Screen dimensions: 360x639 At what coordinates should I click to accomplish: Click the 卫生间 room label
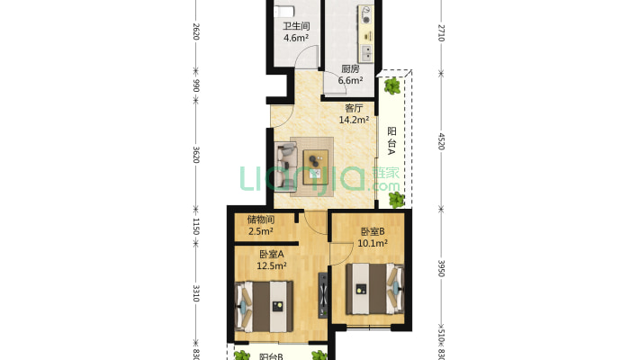pyautogui.click(x=296, y=26)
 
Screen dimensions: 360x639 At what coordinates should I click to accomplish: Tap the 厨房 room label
pyautogui.click(x=350, y=68)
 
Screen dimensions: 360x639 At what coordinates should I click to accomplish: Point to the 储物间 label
pyautogui.click(x=260, y=219)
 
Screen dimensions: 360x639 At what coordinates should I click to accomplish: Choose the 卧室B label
pyautogui.click(x=373, y=230)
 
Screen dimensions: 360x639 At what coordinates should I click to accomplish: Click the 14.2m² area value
pyautogui.click(x=354, y=120)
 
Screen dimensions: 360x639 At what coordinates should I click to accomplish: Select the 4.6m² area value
pyautogui.click(x=296, y=39)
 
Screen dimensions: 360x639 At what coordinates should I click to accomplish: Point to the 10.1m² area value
pyautogui.click(x=373, y=243)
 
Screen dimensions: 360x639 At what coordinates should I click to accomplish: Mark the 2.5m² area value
pyautogui.click(x=260, y=231)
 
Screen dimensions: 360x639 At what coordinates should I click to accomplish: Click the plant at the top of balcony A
pyautogui.click(x=392, y=86)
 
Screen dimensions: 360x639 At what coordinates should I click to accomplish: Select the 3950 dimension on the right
pyautogui.click(x=441, y=269)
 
